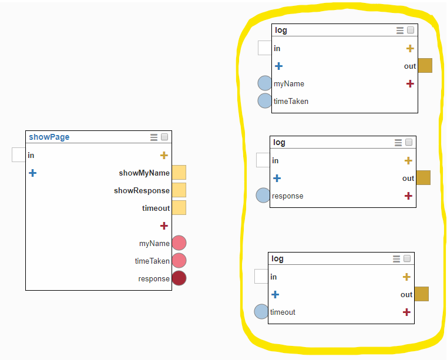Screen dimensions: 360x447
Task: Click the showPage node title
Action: (49, 137)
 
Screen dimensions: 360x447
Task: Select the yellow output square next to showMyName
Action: (179, 173)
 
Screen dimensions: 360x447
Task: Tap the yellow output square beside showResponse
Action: (179, 190)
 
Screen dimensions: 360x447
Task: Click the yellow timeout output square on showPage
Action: (179, 208)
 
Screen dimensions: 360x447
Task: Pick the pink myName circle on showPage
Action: (179, 243)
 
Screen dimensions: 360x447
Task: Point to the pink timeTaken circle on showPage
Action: (179, 261)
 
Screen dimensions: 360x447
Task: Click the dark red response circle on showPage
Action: (179, 278)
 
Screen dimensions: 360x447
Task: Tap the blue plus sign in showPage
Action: (33, 173)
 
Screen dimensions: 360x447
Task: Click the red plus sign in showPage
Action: (164, 226)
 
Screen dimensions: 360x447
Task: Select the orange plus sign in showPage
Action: (164, 155)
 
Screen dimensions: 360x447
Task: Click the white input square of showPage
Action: (19, 155)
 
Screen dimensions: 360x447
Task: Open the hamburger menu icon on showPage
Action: (154, 137)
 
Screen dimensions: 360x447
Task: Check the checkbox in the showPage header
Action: (164, 137)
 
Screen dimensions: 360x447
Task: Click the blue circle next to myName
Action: (265, 83)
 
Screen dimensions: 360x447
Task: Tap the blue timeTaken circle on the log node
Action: (265, 101)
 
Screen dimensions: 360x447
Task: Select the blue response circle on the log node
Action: (263, 196)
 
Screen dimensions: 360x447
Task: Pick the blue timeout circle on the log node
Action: (261, 312)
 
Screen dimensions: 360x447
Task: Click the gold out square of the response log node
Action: (424, 178)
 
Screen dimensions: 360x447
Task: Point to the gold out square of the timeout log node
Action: (422, 294)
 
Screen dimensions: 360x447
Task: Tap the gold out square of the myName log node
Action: (425, 66)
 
